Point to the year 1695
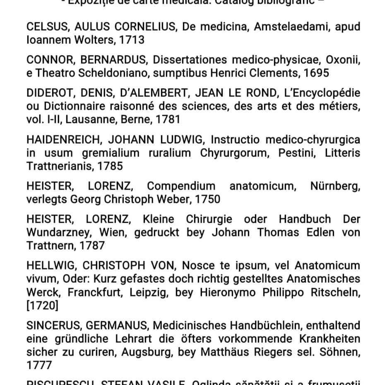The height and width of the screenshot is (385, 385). (x=316, y=73)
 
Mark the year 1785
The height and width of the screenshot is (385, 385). (x=109, y=166)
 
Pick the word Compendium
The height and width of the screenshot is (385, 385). (x=181, y=186)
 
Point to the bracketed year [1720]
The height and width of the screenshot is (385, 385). (x=42, y=306)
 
